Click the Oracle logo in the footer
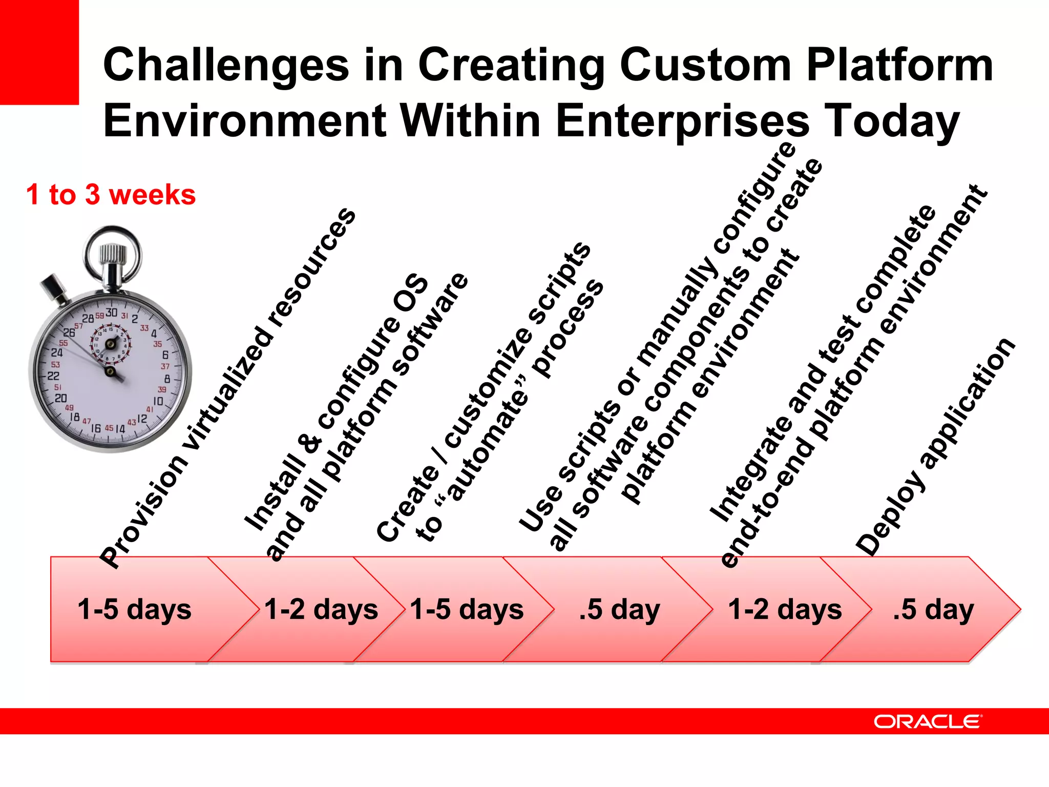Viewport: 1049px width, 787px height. click(928, 721)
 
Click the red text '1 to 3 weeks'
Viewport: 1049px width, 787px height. click(111, 195)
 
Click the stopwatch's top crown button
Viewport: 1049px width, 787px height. click(113, 256)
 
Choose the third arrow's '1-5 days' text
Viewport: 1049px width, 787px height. click(467, 609)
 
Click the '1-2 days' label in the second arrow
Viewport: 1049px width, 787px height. click(321, 609)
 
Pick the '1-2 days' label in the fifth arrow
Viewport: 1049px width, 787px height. click(785, 609)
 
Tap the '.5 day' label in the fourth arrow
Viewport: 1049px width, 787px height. click(619, 609)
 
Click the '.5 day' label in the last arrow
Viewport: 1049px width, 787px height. click(933, 609)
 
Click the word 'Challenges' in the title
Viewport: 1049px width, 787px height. click(226, 65)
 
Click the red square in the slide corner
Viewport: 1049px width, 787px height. click(39, 51)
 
